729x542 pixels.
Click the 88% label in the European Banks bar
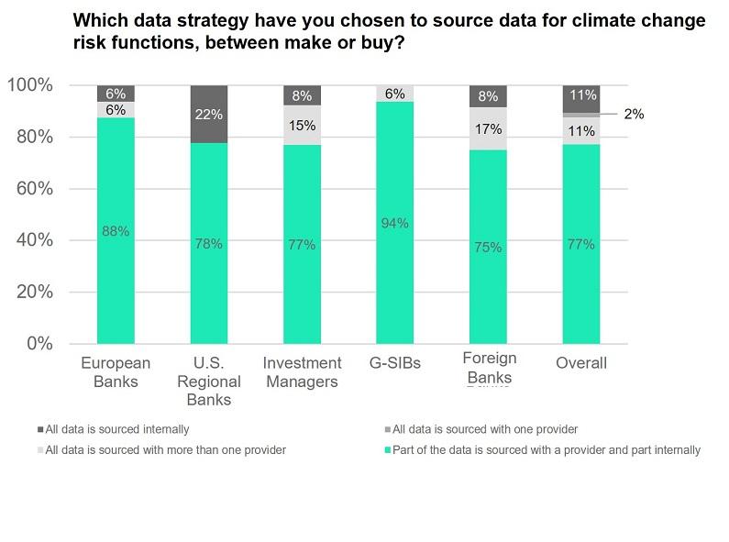116,232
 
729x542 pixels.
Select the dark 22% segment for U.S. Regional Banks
208,114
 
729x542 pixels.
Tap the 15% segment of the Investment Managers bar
302,125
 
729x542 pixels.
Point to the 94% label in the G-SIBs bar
395,223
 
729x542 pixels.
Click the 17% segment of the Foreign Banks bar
488,129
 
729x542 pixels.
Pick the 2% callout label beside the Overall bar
634,115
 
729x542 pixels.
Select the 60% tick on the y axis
32,189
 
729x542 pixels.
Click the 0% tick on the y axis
39,344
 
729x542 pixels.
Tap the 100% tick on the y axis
29,85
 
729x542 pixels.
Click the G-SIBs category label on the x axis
395,363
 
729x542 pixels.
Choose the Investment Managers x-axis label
302,372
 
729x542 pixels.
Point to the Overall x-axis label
581,363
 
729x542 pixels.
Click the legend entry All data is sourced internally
117,428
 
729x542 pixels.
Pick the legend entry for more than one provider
165,449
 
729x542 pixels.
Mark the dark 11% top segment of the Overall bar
581,94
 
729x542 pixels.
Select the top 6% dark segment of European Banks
116,94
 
